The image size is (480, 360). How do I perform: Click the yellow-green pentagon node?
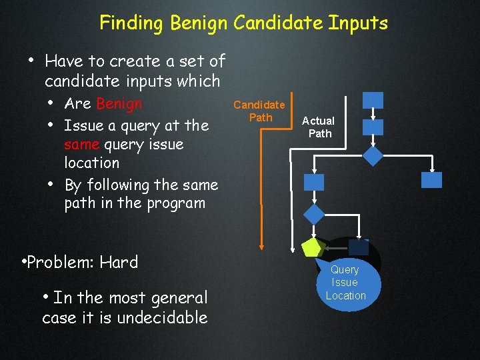pos(311,248)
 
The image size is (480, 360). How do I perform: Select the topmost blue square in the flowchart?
pos(373,100)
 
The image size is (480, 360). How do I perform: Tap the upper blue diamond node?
pos(373,155)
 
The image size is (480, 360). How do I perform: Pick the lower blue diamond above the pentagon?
pos(313,214)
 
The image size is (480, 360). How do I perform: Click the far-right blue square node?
pos(432,180)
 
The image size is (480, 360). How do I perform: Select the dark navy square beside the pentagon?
pos(359,247)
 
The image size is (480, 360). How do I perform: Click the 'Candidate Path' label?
pos(259,111)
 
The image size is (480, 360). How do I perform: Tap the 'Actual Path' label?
pos(319,127)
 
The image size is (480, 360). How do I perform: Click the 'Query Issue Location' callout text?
pos(345,283)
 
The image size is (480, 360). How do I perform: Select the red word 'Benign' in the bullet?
pos(119,104)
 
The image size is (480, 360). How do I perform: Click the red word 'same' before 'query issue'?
pos(82,144)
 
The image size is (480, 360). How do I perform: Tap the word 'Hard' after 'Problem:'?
pos(119,262)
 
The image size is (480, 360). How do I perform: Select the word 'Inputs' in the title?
pos(358,23)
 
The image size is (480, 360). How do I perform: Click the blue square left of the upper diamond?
pos(313,182)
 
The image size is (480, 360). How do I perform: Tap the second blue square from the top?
pos(373,127)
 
